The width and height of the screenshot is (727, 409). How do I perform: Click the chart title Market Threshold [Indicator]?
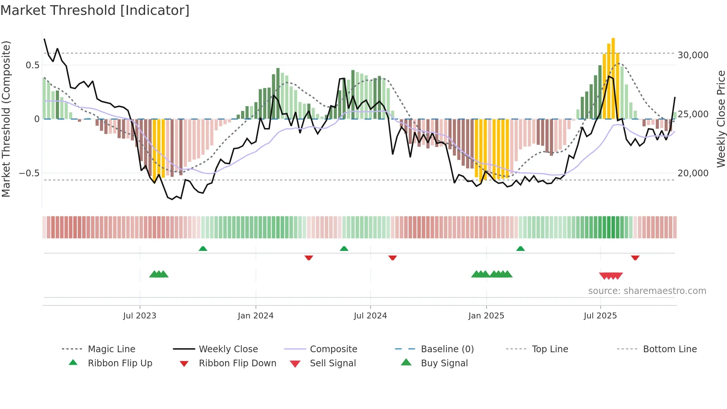coord(95,10)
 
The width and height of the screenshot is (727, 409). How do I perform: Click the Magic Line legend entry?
coord(111,349)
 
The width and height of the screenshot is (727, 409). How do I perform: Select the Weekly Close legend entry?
coord(228,349)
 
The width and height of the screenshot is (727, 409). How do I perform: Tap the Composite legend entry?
coord(333,349)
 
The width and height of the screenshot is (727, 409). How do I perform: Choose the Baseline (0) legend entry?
coord(447,349)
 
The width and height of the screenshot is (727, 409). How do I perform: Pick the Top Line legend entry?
coord(550,349)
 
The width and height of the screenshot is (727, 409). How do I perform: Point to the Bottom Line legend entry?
coord(670,349)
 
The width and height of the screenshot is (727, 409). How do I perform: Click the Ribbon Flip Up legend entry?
coord(120,363)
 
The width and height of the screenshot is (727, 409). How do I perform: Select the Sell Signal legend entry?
coord(333,363)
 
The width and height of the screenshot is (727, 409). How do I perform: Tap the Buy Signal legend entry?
coord(444,363)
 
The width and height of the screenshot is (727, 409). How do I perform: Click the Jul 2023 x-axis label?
coord(140,316)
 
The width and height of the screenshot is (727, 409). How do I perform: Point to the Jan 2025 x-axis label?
coord(486,316)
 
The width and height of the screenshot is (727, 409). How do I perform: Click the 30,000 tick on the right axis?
coord(693,55)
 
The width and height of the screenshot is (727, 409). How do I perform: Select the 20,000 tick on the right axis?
coord(693,173)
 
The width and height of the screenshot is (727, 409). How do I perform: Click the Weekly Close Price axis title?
coord(721,119)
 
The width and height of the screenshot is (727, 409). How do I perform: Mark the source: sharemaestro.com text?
coord(647,291)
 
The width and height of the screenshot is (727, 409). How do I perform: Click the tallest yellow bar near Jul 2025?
coord(613,78)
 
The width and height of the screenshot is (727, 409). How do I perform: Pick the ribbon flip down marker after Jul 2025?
coord(635,258)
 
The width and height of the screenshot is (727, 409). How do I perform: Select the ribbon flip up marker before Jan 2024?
coord(203,249)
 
